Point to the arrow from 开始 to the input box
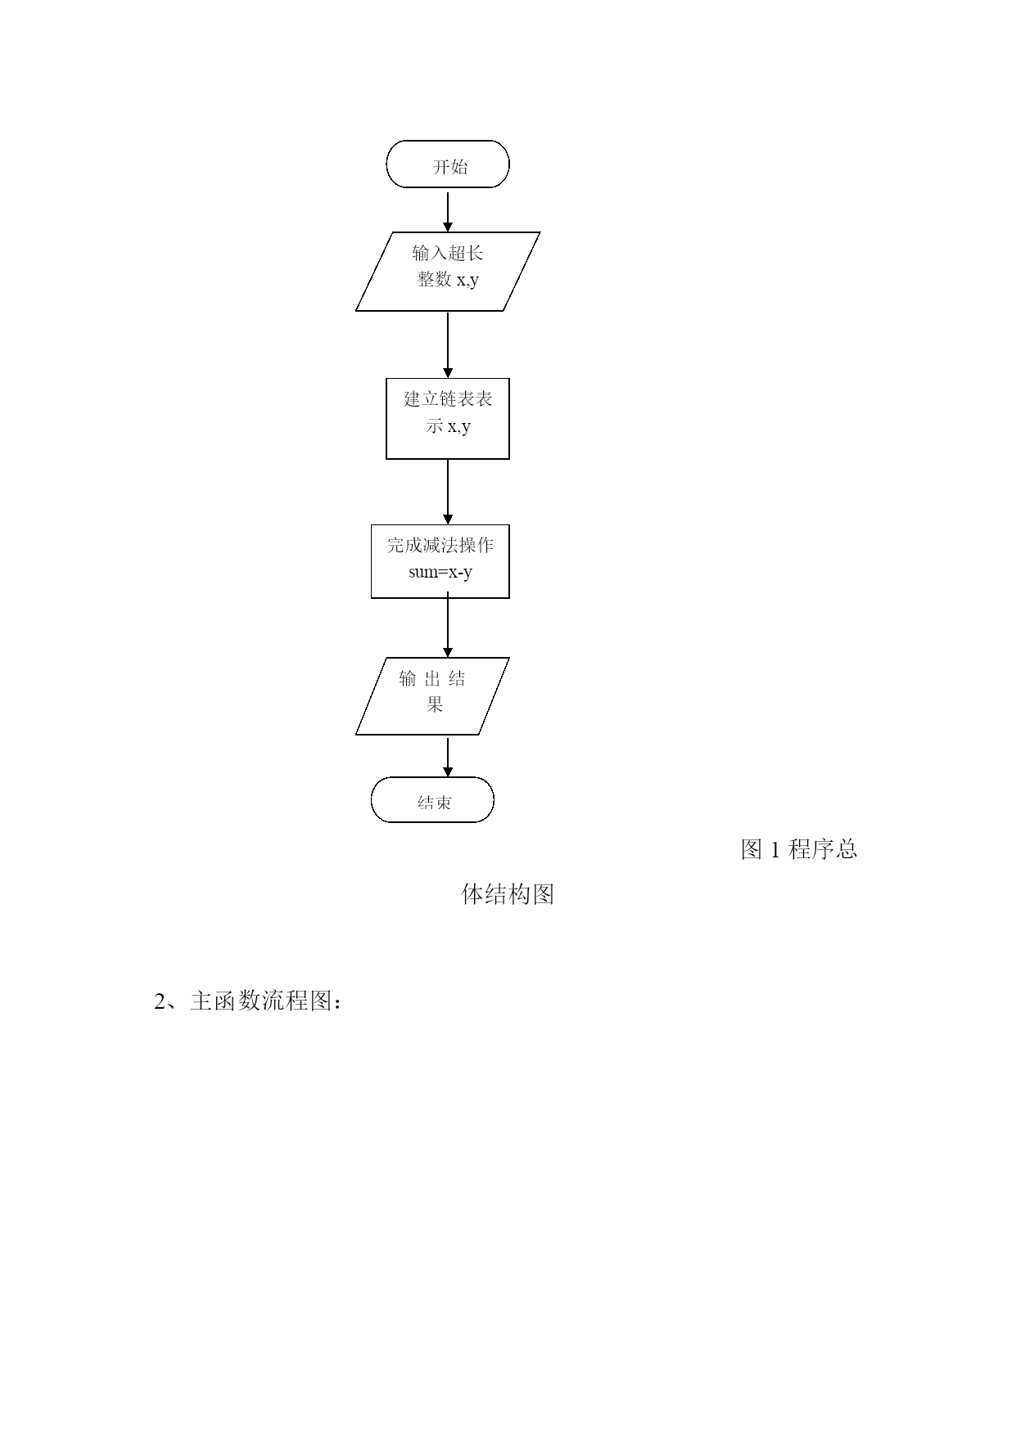[x=448, y=210]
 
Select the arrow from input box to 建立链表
[x=448, y=344]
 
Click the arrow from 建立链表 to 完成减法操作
[x=448, y=492]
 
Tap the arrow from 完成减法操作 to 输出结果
[x=448, y=628]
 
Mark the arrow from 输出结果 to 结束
[x=448, y=757]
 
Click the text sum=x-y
[x=440, y=572]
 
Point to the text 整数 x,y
[x=449, y=280]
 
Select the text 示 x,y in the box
[x=449, y=426]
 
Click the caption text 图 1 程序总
[x=799, y=849]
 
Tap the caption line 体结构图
[x=508, y=894]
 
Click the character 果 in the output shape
[x=434, y=704]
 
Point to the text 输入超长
[x=448, y=253]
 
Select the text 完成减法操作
[x=440, y=545]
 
